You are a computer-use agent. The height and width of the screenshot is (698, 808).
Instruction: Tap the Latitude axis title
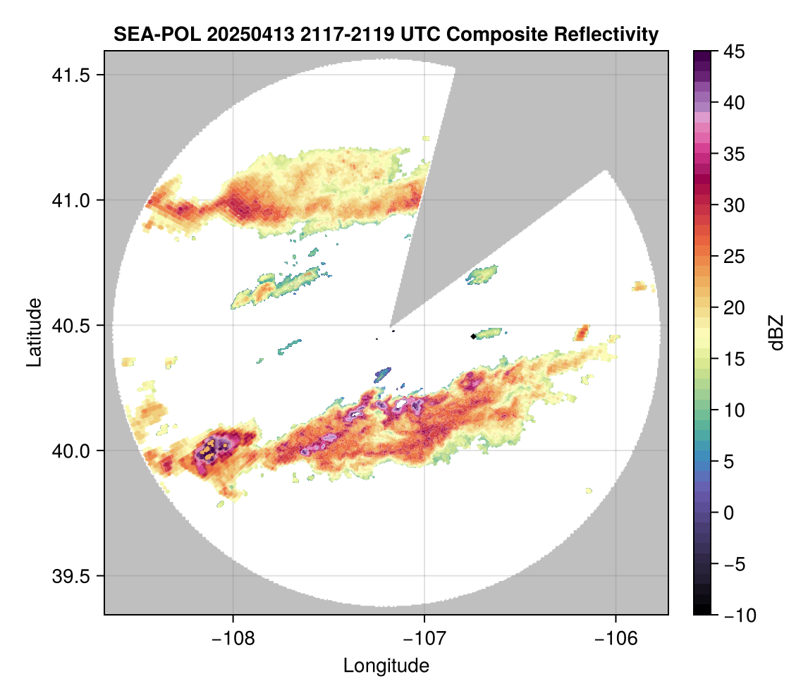(x=33, y=331)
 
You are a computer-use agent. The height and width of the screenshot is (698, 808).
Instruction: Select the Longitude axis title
(x=386, y=665)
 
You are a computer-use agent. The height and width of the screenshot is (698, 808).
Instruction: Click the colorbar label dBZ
(x=776, y=333)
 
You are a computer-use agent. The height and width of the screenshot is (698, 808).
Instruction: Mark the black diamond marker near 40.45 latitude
(x=472, y=336)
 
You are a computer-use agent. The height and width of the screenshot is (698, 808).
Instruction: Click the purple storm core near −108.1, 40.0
(x=210, y=447)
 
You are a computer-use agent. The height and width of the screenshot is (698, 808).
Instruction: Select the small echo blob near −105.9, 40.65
(x=639, y=286)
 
